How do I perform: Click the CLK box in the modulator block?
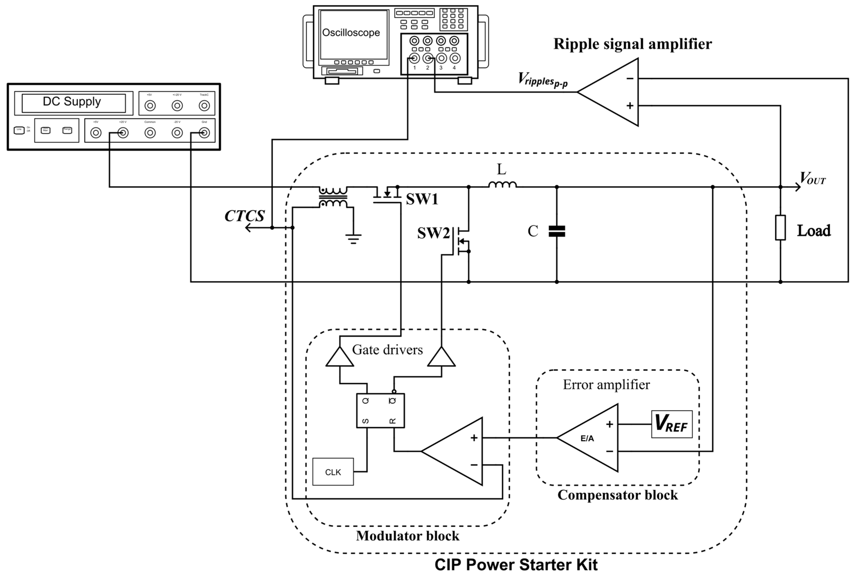(x=333, y=472)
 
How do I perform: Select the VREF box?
(x=672, y=424)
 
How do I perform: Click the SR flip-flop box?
(x=380, y=411)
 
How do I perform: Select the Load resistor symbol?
(x=780, y=228)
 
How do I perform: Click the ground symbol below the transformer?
(x=353, y=239)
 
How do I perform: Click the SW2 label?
(x=433, y=233)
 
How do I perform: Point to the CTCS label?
(x=244, y=216)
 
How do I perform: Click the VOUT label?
(x=813, y=179)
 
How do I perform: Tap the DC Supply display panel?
(x=74, y=103)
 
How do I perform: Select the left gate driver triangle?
(x=340, y=357)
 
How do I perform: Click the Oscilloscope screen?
(x=353, y=35)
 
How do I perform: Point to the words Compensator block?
(x=617, y=495)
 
